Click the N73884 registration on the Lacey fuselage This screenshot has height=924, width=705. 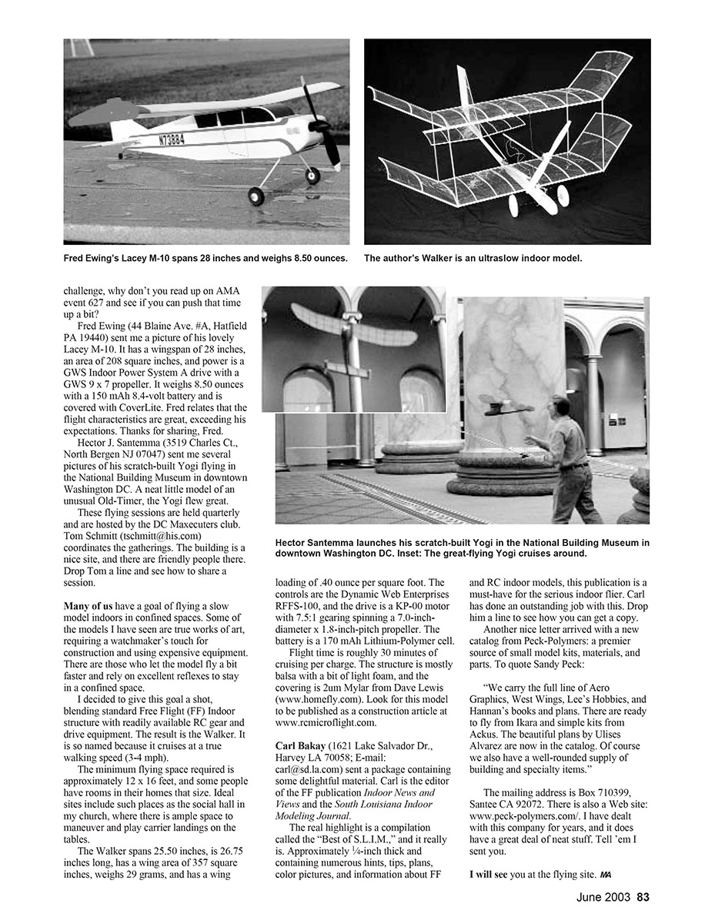click(x=175, y=140)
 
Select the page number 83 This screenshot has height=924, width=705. click(x=643, y=896)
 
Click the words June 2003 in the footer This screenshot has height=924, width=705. click(x=604, y=896)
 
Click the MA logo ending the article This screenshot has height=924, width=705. click(x=606, y=875)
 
